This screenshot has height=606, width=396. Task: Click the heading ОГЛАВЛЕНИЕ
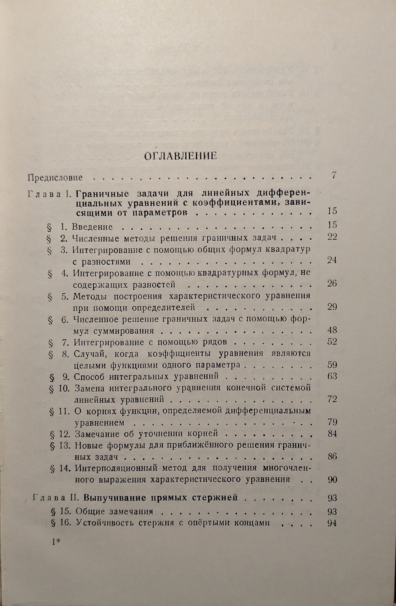[180, 156]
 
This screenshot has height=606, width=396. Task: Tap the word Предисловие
[55, 177]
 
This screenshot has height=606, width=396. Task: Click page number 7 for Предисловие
[334, 175]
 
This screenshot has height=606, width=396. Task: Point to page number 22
[332, 237]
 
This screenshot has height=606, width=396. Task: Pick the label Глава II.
[56, 498]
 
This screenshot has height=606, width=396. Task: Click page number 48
[332, 330]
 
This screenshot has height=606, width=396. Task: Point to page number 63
[332, 376]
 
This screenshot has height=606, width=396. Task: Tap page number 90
[332, 480]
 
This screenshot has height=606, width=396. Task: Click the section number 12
[65, 434]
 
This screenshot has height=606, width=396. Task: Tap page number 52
[332, 341]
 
